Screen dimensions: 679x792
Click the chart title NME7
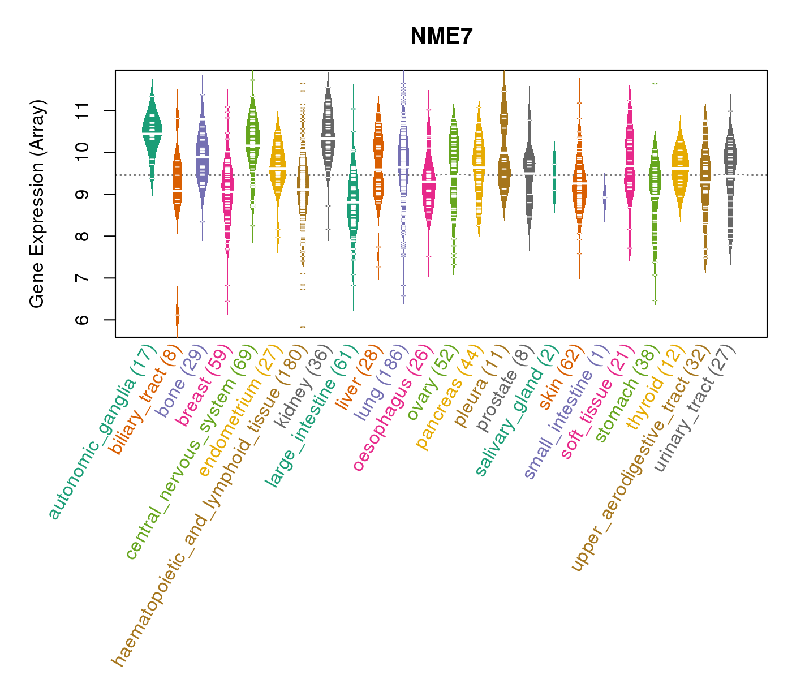click(441, 36)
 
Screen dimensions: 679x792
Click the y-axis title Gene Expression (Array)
click(37, 204)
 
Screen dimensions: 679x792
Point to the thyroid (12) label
click(651, 388)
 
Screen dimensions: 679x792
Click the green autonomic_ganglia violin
click(152, 133)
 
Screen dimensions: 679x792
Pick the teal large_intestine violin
click(353, 204)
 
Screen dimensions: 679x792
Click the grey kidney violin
click(328, 136)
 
